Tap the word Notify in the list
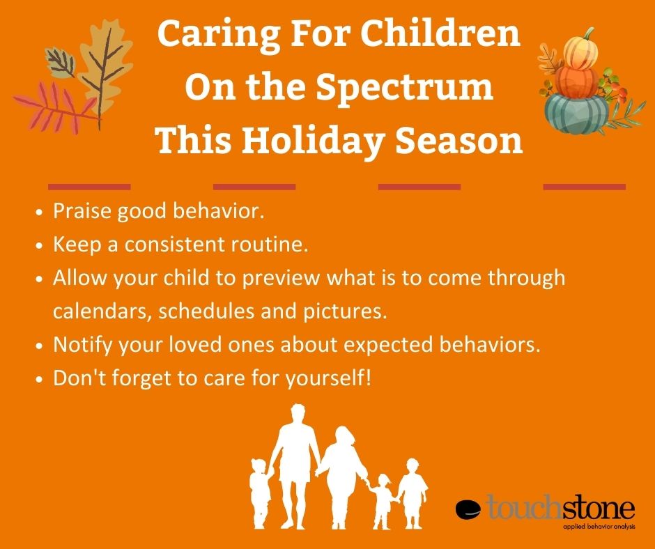[80, 345]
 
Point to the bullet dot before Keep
[40, 246]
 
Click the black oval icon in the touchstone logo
[468, 510]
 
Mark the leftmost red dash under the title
[88, 187]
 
